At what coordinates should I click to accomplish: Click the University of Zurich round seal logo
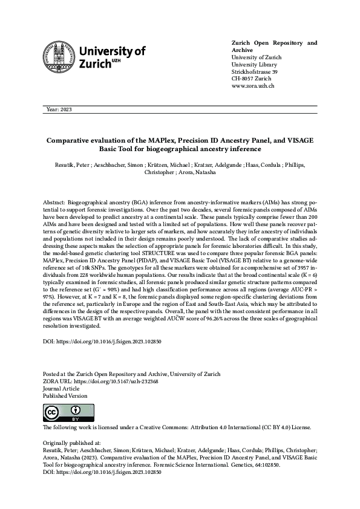59,59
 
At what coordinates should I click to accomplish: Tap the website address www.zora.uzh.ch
254,86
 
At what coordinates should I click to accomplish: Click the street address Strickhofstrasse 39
255,72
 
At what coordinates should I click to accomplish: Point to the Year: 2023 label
59,109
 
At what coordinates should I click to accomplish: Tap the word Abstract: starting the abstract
56,199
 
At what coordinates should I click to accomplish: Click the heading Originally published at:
70,443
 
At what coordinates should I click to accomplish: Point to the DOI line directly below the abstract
102,341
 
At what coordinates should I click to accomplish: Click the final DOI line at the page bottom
102,472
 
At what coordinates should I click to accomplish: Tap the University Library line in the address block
255,65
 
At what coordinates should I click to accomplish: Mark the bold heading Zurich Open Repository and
274,44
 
